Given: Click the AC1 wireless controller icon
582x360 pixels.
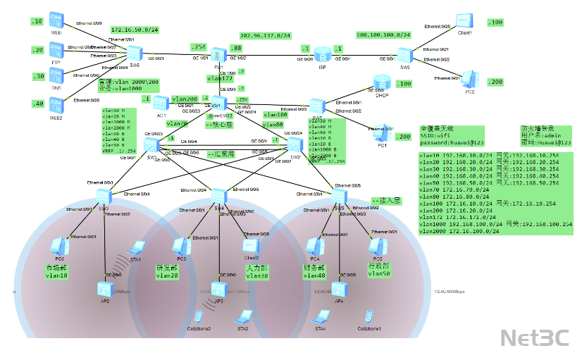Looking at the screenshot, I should click(x=161, y=103).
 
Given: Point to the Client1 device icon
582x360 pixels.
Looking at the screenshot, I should click(x=464, y=21).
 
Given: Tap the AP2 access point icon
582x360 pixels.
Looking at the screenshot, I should click(x=104, y=288).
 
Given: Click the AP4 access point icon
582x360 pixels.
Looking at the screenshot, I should click(x=339, y=289).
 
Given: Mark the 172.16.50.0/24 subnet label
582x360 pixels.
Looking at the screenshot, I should click(x=134, y=30).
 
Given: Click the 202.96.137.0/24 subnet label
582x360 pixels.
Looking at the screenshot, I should click(x=266, y=35).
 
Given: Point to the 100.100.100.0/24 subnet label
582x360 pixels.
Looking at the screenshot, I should click(x=383, y=35).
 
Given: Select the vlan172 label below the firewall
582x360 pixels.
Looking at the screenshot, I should click(x=219, y=78).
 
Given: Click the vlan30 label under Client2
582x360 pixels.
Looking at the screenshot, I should click(x=255, y=276).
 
